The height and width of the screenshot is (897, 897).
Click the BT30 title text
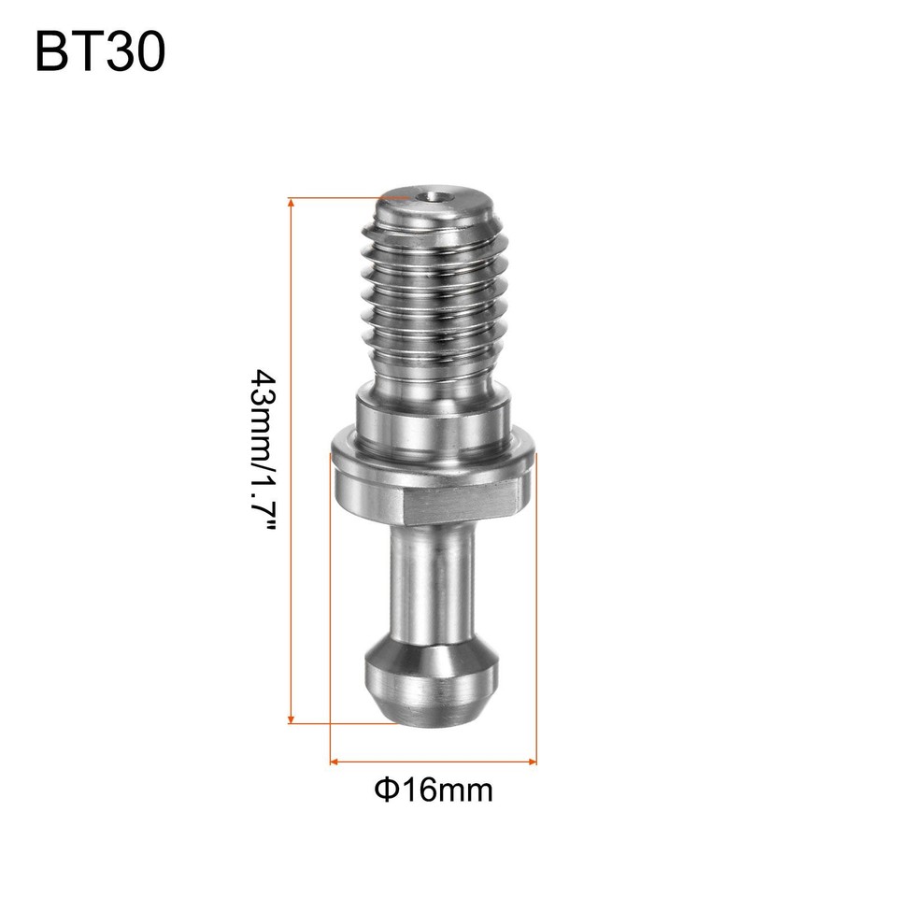(x=100, y=51)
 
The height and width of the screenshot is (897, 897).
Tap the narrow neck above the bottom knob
(x=431, y=579)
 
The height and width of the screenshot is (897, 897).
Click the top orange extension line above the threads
(x=336, y=198)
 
